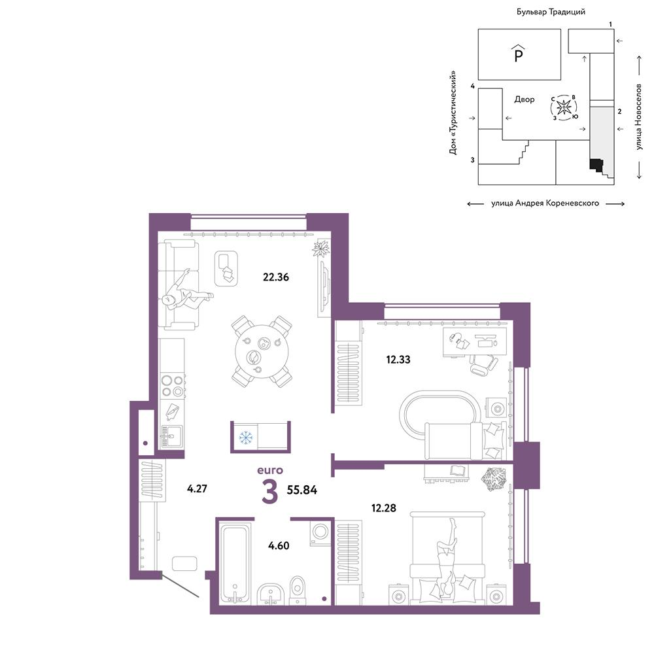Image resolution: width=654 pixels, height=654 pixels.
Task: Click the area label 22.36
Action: (x=276, y=277)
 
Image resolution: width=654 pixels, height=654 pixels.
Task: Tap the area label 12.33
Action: (x=398, y=359)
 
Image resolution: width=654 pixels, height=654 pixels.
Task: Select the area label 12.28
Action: (x=383, y=508)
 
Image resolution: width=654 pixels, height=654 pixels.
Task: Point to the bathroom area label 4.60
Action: (x=279, y=545)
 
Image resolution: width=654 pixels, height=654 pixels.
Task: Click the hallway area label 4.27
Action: (x=197, y=489)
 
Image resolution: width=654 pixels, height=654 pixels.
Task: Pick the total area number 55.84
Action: (x=301, y=490)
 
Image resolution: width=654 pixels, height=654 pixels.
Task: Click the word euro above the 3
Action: (x=270, y=470)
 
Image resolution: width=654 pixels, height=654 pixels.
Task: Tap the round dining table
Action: (x=262, y=351)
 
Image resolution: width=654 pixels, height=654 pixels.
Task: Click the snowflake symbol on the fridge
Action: (x=246, y=437)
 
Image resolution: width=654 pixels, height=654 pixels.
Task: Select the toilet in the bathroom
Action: (x=297, y=590)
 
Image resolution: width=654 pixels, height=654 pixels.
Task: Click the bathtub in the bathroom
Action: (x=235, y=564)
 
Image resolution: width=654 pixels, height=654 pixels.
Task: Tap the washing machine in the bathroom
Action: (x=320, y=532)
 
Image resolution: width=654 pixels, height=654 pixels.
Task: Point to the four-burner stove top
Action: (x=173, y=385)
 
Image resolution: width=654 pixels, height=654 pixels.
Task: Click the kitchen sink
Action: (x=171, y=436)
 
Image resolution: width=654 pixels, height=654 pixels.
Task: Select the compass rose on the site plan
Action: (x=564, y=108)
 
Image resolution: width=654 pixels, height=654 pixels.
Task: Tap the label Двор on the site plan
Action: (x=525, y=99)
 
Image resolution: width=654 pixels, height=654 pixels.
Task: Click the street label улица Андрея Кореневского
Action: (x=545, y=203)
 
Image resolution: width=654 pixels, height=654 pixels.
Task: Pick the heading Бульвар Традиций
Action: (x=551, y=12)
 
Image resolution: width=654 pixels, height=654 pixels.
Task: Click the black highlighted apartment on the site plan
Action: (x=596, y=165)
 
